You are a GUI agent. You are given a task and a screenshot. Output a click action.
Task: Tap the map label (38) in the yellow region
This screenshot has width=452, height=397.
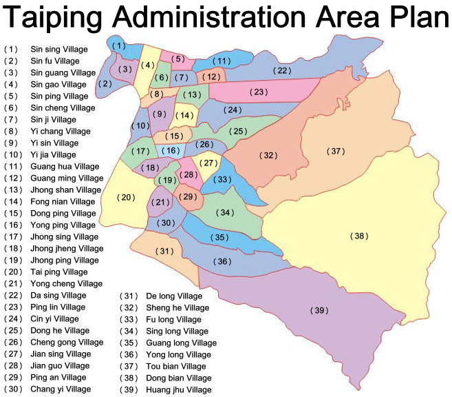point(359,236)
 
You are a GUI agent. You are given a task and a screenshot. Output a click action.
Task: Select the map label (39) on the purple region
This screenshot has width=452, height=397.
point(319,311)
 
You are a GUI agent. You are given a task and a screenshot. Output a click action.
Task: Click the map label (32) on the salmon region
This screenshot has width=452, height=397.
point(268,156)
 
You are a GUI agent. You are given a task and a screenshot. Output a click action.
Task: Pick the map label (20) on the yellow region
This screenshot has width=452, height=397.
point(126,198)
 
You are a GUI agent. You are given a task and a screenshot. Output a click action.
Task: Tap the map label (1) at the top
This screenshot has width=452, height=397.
point(118,46)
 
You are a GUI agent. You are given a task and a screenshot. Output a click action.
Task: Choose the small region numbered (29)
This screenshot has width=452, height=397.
point(188,197)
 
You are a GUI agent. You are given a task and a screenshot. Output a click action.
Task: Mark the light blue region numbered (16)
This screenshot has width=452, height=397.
point(171,150)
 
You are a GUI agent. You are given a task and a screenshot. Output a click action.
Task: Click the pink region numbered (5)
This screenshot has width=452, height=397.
point(178,59)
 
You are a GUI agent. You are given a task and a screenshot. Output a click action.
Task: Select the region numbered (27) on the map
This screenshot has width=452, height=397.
point(209,163)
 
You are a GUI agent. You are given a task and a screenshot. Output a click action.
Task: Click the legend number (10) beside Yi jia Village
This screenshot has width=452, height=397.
point(14,155)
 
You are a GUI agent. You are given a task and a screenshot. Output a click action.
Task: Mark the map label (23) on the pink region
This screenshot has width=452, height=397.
point(258,92)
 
